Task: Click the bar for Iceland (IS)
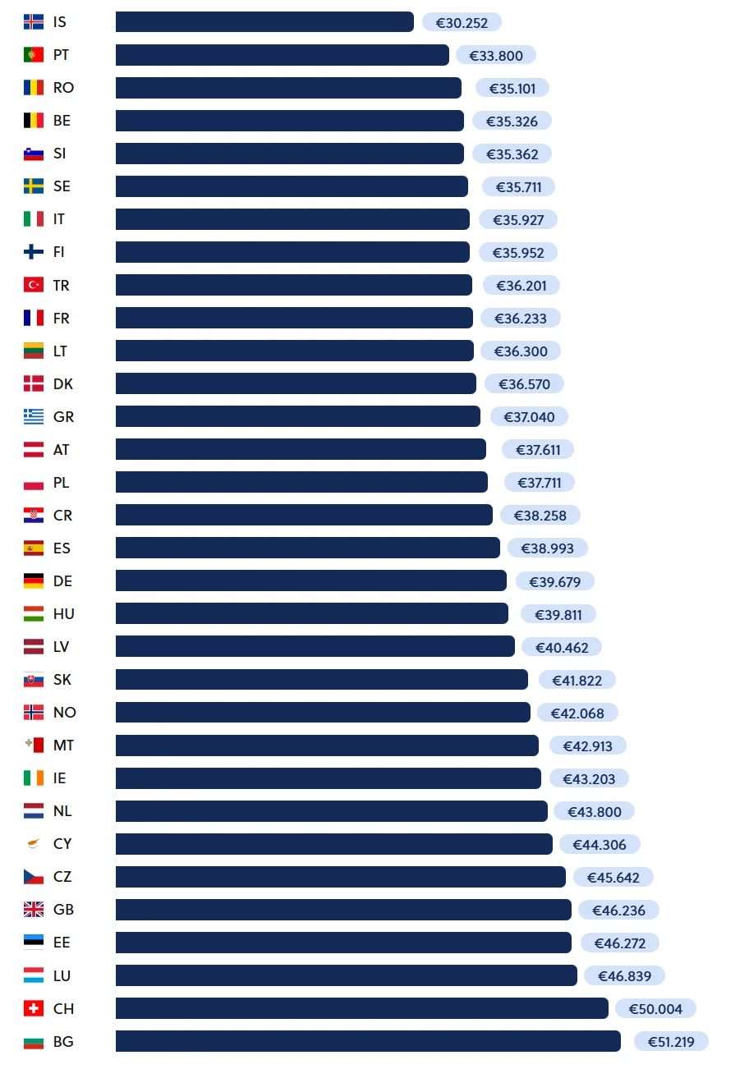point(264,22)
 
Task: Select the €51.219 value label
point(671,1042)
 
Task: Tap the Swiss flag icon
point(34,1008)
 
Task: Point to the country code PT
point(62,55)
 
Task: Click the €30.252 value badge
point(462,22)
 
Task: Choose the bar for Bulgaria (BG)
point(368,1041)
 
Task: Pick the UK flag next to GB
point(34,910)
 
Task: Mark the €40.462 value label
point(562,647)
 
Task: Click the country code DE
point(62,581)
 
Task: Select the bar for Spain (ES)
point(307,548)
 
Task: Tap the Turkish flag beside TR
point(34,285)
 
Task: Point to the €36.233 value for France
point(520,318)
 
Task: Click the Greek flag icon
point(34,416)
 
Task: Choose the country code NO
point(64,713)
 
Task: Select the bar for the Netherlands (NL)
point(331,811)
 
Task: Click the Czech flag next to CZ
point(34,877)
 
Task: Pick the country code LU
point(62,975)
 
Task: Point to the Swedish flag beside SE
point(34,186)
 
